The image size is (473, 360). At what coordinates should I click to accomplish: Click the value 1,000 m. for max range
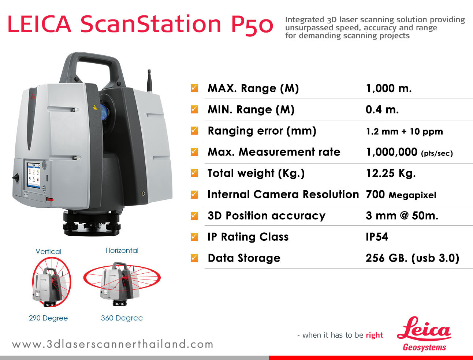coord(388,88)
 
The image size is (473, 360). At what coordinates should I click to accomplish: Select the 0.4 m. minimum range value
coord(382,110)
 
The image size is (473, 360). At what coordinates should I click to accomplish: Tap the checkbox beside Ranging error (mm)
coord(194,131)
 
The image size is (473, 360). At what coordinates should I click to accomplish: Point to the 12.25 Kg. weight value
coord(391,173)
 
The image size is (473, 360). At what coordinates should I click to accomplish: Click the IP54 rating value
coord(377,237)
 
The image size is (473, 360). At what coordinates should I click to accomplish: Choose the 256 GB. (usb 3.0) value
coord(413,258)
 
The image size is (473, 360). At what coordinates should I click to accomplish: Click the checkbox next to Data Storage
coord(194,258)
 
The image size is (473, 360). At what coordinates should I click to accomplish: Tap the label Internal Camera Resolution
coord(283,194)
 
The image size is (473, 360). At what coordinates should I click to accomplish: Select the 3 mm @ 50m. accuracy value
coord(402,216)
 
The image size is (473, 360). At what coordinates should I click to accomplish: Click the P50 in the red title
coord(252,25)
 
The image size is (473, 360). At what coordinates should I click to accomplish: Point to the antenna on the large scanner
coord(149,81)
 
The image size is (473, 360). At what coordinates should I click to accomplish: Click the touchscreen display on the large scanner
coord(34,176)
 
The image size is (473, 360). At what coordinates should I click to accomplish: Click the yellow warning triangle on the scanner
coord(95,108)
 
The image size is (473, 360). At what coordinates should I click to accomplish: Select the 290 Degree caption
coord(48,318)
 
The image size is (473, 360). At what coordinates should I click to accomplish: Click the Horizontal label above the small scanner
coord(122,250)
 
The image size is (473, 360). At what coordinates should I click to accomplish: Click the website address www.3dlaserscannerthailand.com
coord(112,344)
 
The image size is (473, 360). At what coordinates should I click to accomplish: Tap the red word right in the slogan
coord(375,335)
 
